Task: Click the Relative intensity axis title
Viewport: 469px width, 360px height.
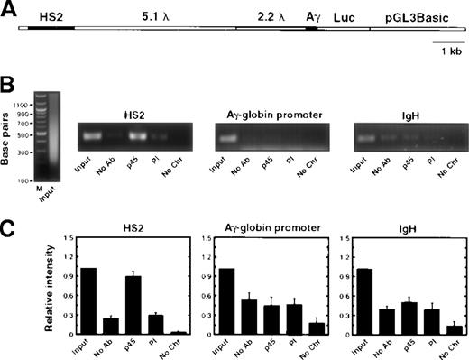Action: coord(41,282)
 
